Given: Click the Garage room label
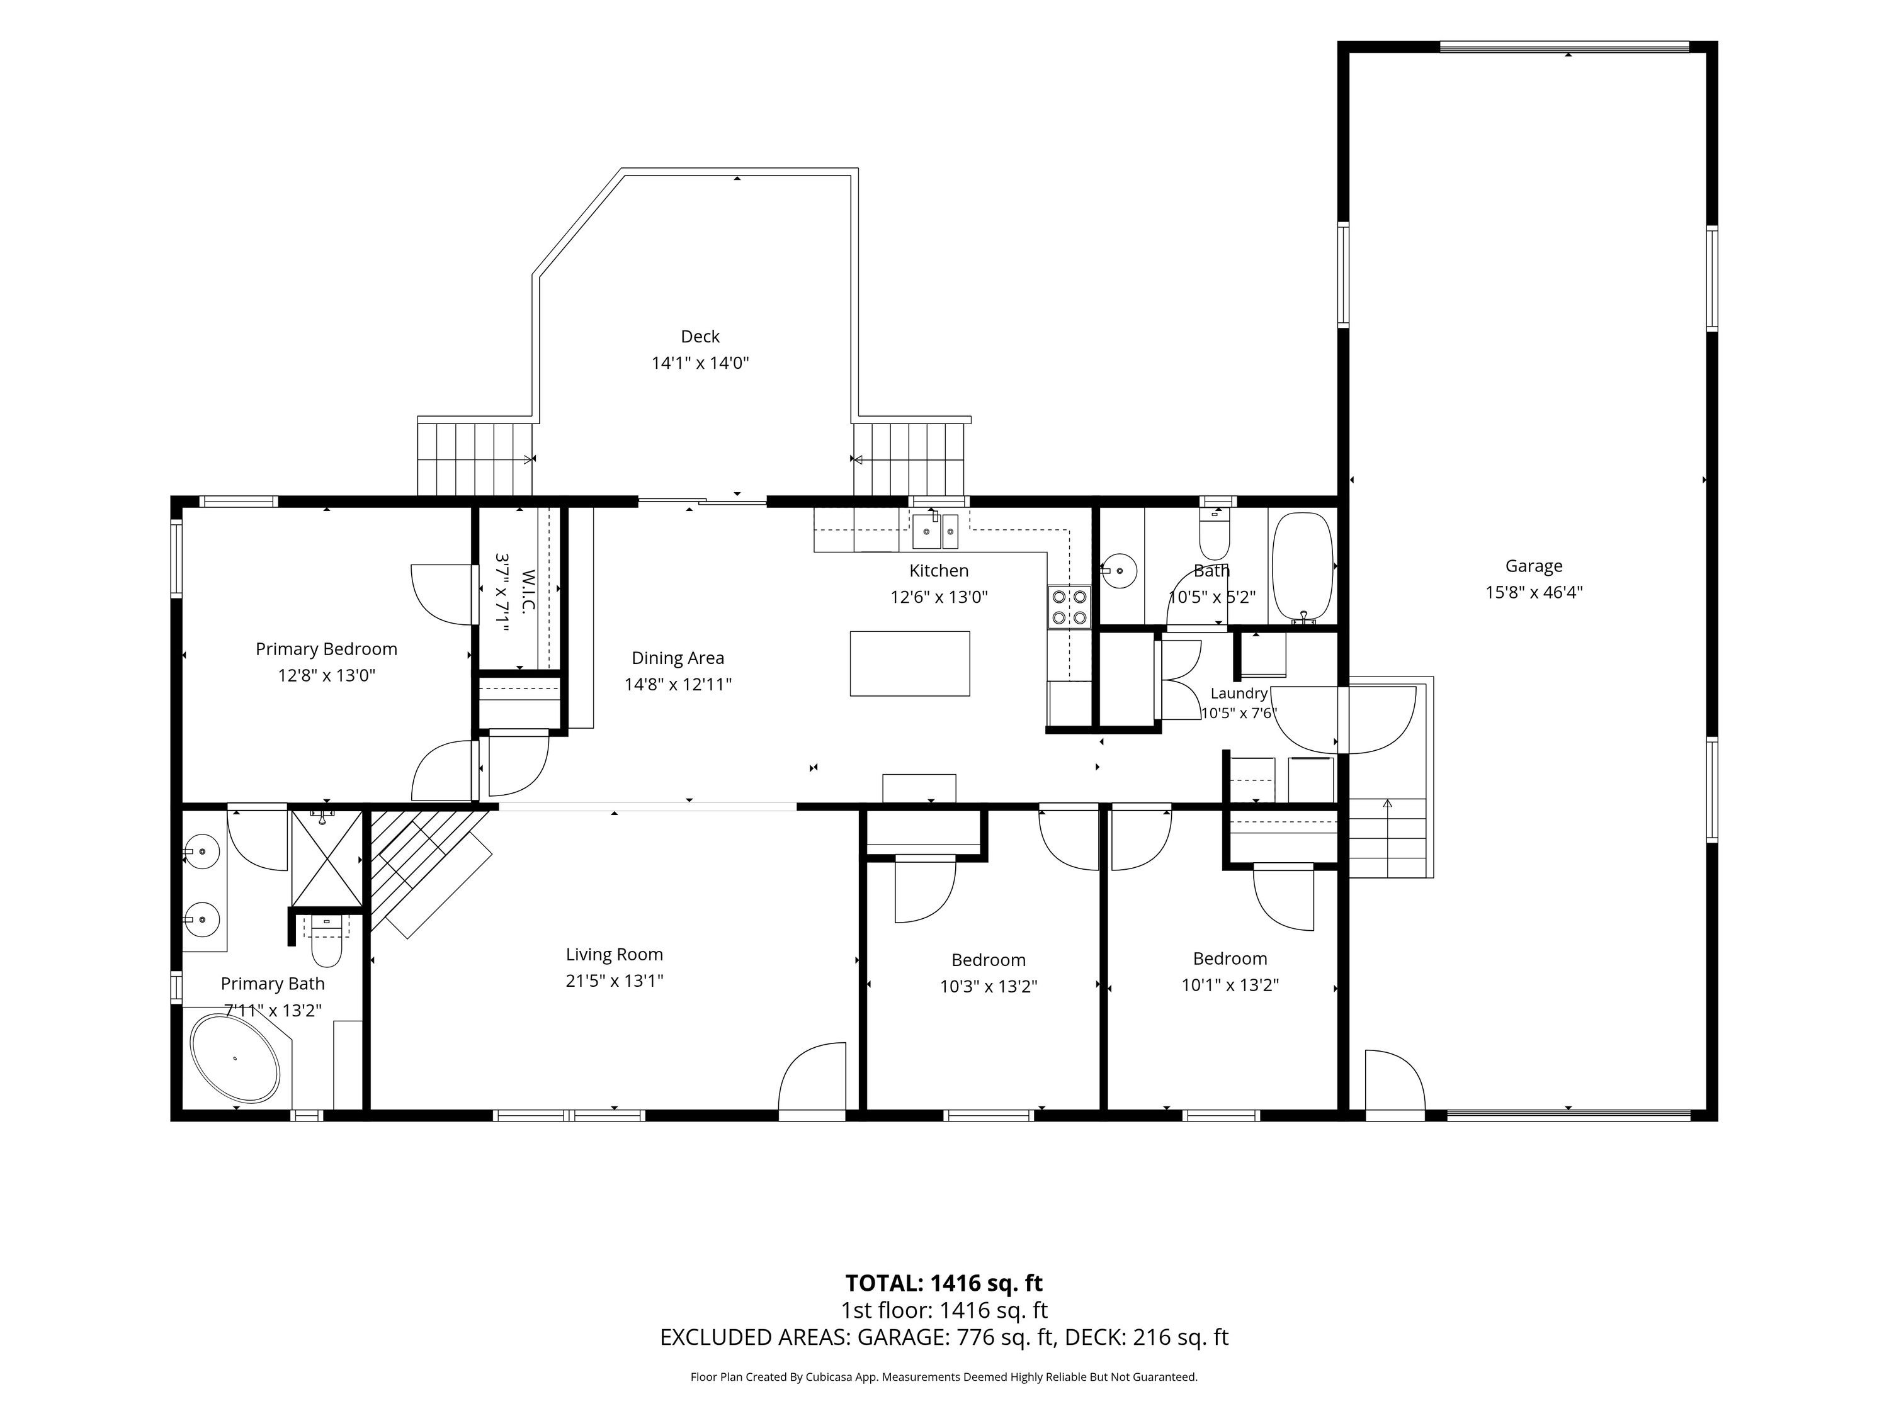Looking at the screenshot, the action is pos(1534,566).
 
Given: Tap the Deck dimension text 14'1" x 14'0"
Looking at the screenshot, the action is pos(700,362).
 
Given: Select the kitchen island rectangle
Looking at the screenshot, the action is pos(909,663).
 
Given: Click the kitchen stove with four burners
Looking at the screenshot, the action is pos(1070,607).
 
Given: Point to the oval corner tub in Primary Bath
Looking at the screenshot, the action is pos(235,1057).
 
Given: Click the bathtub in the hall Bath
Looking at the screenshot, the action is pos(1302,568).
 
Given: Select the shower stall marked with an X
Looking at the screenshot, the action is pos(327,858).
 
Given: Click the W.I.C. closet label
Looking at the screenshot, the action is pos(528,591).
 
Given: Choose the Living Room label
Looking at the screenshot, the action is pos(614,954).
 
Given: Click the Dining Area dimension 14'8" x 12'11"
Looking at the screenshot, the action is pos(678,683).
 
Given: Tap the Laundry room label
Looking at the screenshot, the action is pos(1239,693).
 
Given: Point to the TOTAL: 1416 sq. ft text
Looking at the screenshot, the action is pos(944,1283).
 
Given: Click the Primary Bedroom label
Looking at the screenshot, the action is pos(326,649).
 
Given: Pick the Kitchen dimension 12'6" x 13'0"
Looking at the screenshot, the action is pos(939,597).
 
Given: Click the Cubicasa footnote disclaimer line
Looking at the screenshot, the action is pos(944,1377).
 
